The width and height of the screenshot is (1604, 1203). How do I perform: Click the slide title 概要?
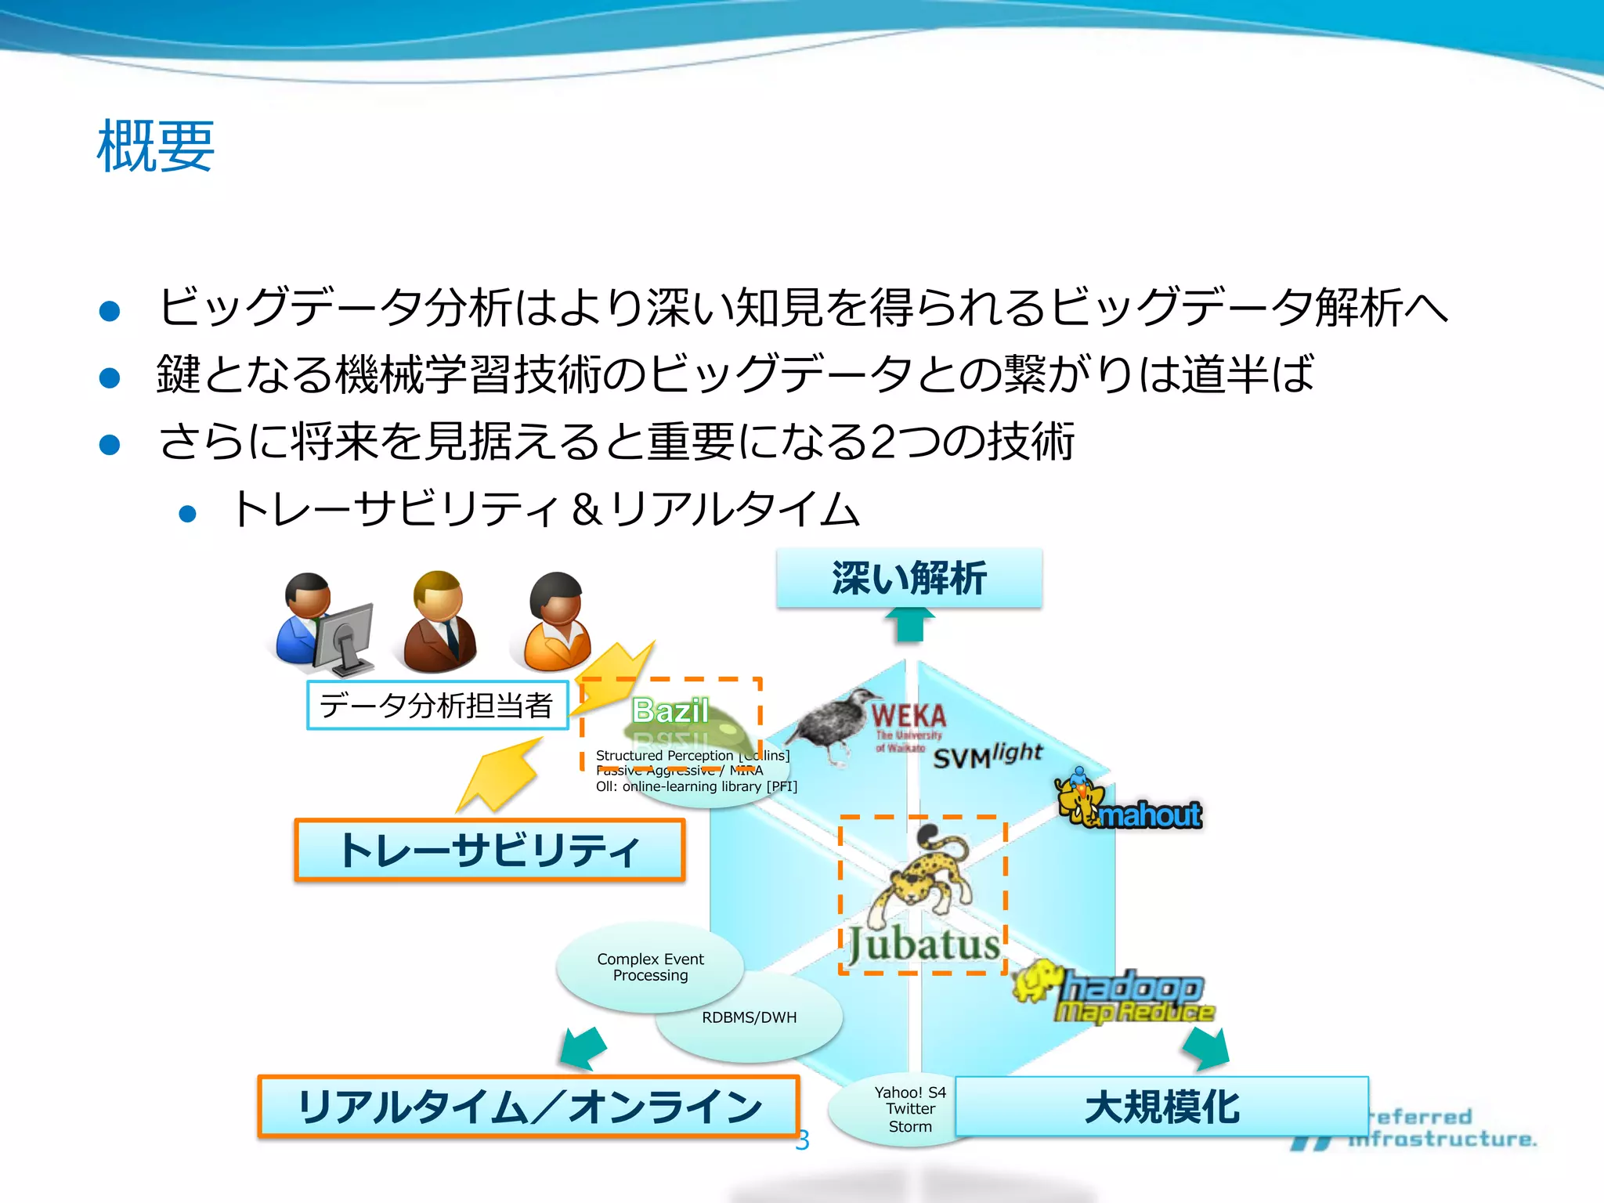(x=155, y=146)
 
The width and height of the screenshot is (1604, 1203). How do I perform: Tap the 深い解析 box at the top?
(x=909, y=579)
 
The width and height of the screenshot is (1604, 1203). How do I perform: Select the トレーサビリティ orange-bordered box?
(x=490, y=851)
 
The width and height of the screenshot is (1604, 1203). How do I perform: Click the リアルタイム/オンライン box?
(x=529, y=1107)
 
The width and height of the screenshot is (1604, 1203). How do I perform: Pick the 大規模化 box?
(x=1161, y=1107)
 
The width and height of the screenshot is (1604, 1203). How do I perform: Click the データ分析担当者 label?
(x=437, y=706)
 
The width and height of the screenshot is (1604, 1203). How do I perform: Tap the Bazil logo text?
(x=670, y=711)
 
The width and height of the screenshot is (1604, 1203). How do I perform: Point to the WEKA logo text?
(x=909, y=716)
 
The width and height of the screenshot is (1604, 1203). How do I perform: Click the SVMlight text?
(x=987, y=756)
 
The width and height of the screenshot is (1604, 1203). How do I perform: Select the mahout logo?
(x=1130, y=805)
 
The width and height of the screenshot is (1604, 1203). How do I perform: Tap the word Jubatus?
(x=924, y=945)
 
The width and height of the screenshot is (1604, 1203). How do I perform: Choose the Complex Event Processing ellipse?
(x=650, y=967)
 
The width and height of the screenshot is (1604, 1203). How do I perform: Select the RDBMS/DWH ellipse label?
(x=750, y=1017)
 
